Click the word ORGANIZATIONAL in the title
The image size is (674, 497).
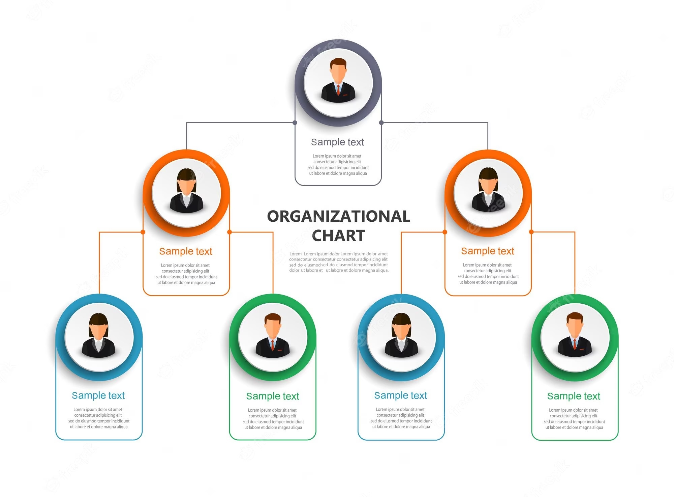click(338, 216)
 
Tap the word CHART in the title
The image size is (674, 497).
click(338, 236)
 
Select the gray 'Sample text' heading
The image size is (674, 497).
click(337, 142)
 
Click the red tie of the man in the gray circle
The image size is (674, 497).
click(338, 90)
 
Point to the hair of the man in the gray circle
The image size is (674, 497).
click(338, 62)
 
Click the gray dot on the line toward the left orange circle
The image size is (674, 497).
click(295, 122)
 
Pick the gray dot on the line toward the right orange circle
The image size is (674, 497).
click(381, 122)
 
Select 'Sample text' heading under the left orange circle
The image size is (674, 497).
click(186, 251)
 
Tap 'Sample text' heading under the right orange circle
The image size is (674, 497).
click(488, 251)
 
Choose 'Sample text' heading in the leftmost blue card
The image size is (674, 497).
click(98, 395)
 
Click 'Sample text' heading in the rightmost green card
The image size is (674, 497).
click(574, 396)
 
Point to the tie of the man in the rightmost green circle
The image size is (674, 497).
click(575, 344)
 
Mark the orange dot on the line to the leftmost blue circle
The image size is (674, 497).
click(143, 232)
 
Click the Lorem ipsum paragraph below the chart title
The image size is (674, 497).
click(339, 262)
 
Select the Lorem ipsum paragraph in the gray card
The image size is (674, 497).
click(338, 165)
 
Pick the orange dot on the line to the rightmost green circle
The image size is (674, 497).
click(531, 232)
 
